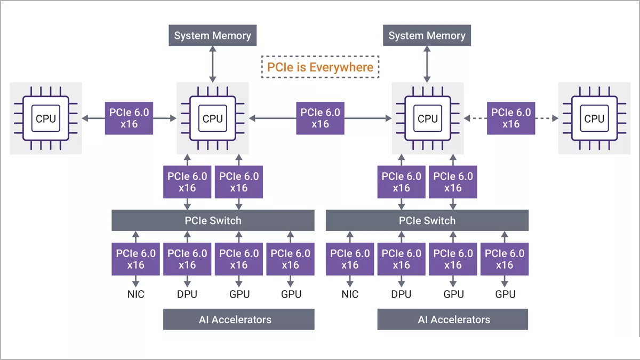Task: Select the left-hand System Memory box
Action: (212, 36)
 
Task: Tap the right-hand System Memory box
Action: (427, 36)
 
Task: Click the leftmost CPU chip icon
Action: (45, 118)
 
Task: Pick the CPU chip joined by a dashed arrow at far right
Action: (594, 118)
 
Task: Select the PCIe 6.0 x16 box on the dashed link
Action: (511, 118)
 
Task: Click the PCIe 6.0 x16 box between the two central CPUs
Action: (320, 118)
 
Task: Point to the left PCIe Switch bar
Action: (213, 220)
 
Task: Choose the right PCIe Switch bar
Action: (427, 220)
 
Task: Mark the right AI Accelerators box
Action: (453, 319)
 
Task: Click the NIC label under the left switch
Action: (135, 294)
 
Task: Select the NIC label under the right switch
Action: (350, 294)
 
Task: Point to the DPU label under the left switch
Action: (187, 294)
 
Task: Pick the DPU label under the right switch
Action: (401, 294)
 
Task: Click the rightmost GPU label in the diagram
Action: (505, 294)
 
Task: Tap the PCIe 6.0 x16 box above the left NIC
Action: (135, 259)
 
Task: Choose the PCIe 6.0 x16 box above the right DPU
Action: (401, 259)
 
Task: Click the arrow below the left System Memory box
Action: (212, 63)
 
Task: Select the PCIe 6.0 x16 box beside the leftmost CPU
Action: (129, 118)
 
